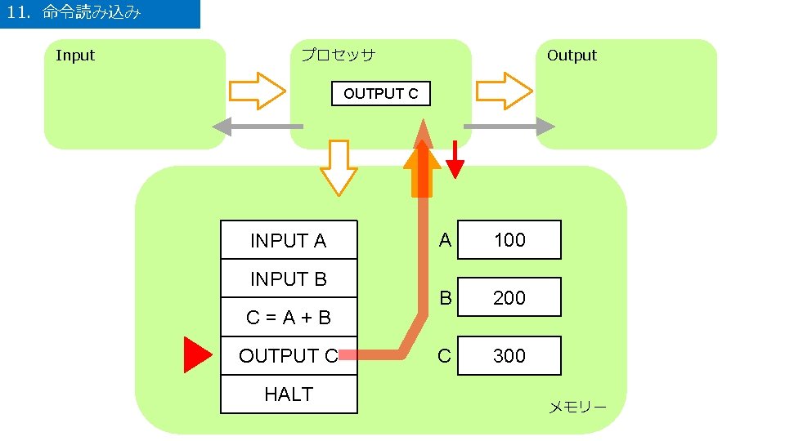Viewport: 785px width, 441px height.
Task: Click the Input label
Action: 75,56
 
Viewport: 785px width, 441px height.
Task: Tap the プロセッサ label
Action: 338,56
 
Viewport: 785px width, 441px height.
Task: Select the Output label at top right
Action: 572,56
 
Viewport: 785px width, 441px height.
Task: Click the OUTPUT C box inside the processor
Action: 380,94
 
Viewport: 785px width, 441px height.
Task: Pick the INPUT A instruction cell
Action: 289,240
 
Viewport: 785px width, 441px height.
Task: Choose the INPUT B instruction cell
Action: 289,278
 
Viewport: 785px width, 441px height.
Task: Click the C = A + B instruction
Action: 289,317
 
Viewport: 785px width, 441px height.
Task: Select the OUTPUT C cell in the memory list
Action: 289,356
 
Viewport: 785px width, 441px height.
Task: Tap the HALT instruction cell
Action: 289,394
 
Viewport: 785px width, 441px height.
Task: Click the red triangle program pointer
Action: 195,355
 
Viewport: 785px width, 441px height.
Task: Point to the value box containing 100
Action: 509,240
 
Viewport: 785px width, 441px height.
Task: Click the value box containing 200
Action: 509,298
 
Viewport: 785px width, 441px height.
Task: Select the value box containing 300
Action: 509,356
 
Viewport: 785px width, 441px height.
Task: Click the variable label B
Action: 445,298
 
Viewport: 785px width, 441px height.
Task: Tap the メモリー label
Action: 576,407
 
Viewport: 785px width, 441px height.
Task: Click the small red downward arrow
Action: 455,160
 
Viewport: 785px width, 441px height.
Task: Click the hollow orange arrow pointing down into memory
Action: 337,168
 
